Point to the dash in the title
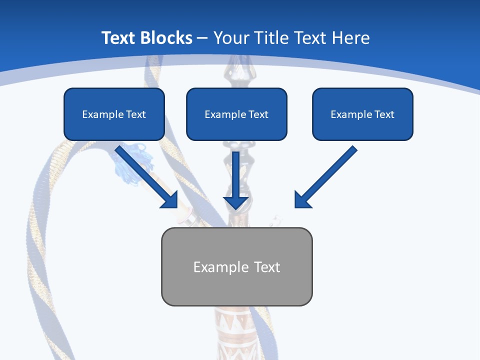(x=202, y=38)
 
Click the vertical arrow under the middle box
(x=236, y=180)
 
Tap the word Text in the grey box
(x=267, y=267)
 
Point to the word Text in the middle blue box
(x=258, y=114)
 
